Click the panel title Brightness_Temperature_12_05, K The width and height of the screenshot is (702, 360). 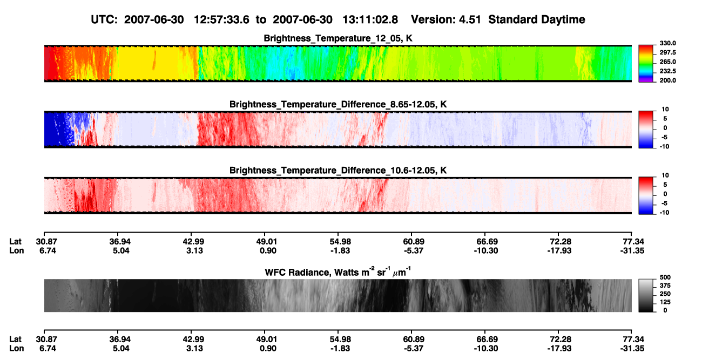pyautogui.click(x=338, y=38)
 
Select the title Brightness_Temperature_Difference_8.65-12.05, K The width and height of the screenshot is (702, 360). pyautogui.click(x=338, y=104)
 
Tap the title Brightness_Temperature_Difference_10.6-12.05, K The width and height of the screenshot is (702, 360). pyautogui.click(x=338, y=171)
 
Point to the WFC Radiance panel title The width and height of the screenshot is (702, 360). pyautogui.click(x=338, y=271)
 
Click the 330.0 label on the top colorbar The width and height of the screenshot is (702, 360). pyautogui.click(x=667, y=43)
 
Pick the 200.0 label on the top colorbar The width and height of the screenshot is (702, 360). pyautogui.click(x=667, y=80)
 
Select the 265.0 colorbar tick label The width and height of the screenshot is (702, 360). pyautogui.click(x=667, y=62)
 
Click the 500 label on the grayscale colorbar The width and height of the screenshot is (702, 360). pyautogui.click(x=665, y=277)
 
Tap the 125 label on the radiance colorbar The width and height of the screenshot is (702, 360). pyautogui.click(x=665, y=302)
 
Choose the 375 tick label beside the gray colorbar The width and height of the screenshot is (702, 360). pyautogui.click(x=665, y=286)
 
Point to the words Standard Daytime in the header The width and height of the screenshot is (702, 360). pyautogui.click(x=537, y=19)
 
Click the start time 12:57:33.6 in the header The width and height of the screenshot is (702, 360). pyautogui.click(x=221, y=19)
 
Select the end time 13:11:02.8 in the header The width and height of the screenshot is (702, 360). pyautogui.click(x=370, y=19)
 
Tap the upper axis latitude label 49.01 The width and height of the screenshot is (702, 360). pyautogui.click(x=268, y=242)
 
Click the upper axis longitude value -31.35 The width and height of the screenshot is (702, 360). pyautogui.click(x=632, y=250)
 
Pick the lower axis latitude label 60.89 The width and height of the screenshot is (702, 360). pyautogui.click(x=414, y=339)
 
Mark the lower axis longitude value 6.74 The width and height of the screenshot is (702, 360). pyautogui.click(x=48, y=349)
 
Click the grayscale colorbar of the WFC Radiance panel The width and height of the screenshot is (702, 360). pyautogui.click(x=646, y=295)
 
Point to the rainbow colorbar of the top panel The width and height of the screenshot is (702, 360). pyautogui.click(x=646, y=64)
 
